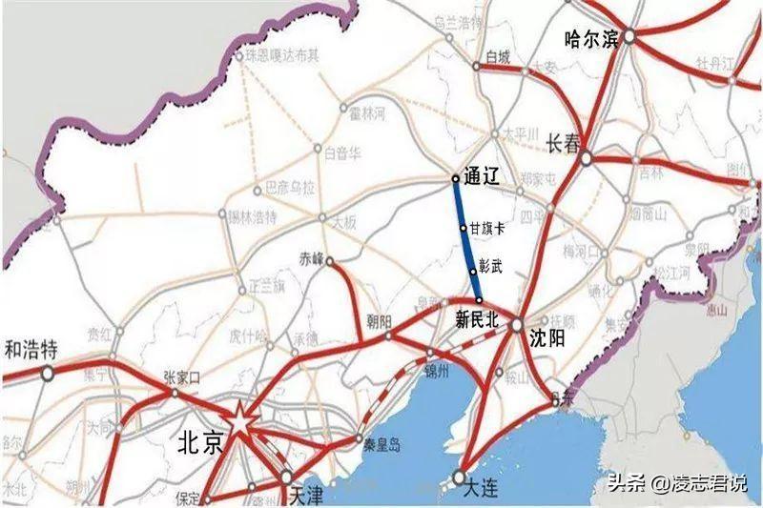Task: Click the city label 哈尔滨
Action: (x=592, y=39)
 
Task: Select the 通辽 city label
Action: (x=483, y=176)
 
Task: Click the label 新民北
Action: (x=477, y=320)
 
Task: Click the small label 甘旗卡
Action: (x=486, y=230)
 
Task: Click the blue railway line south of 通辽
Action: (x=464, y=238)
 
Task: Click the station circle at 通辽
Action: (x=456, y=178)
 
